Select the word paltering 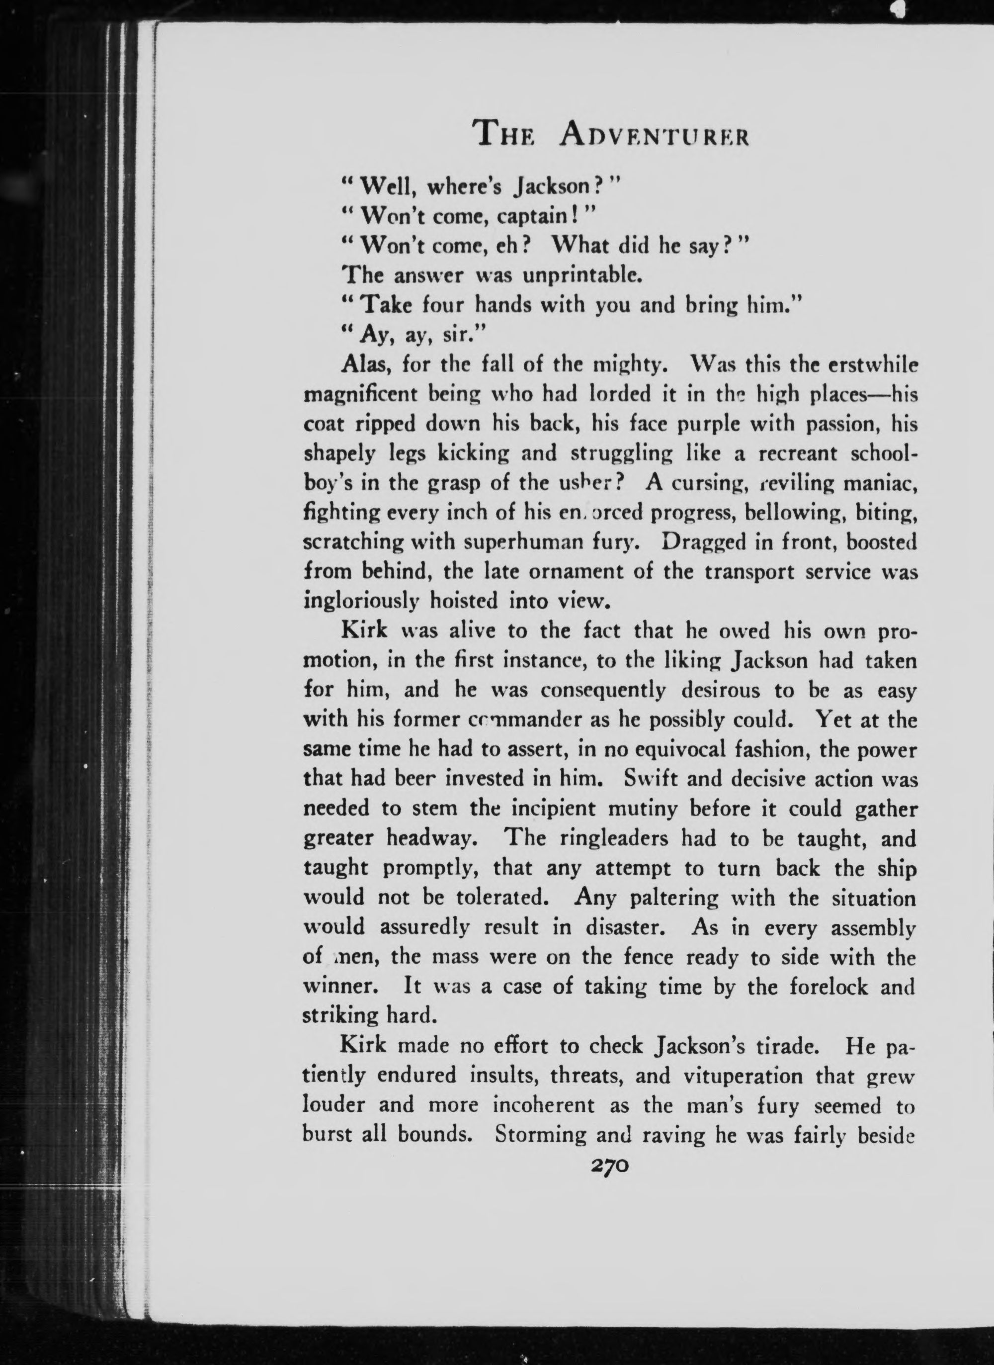pos(677,898)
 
